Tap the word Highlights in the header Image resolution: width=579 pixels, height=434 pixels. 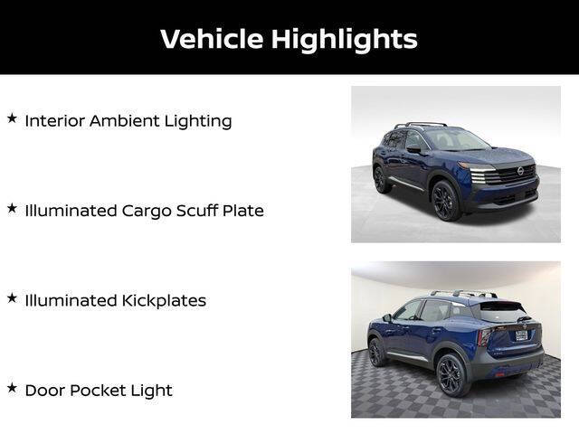tap(345, 39)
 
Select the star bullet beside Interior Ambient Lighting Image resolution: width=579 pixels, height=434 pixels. tap(12, 118)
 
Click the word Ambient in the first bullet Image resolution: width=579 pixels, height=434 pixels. tap(122, 120)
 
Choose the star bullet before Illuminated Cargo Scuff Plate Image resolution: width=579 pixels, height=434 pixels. tap(12, 208)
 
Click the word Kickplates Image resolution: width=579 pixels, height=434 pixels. tap(164, 300)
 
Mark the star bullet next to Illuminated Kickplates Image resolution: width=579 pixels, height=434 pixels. tap(12, 297)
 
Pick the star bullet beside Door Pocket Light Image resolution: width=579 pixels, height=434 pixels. tap(12, 387)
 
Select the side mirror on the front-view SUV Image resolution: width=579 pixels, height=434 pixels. tap(413, 149)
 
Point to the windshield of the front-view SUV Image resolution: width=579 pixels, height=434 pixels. tap(457, 140)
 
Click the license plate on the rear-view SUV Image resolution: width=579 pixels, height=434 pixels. tap(521, 335)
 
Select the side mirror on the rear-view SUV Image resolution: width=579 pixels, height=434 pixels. tap(386, 318)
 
